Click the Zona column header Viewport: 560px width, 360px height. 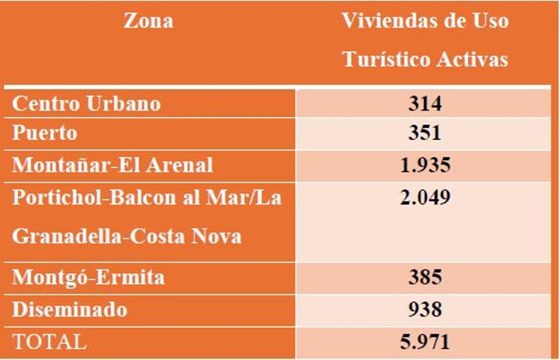[x=148, y=21]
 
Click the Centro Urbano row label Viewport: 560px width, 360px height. [x=86, y=104]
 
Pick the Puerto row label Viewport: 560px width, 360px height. [x=45, y=133]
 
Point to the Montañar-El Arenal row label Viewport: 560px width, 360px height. [x=112, y=166]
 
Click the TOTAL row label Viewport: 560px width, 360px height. [x=49, y=342]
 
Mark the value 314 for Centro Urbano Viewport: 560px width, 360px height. [x=425, y=104]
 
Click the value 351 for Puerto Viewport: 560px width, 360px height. [x=425, y=133]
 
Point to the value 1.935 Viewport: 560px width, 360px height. [x=425, y=166]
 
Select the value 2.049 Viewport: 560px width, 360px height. [x=425, y=198]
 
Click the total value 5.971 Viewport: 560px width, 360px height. [x=425, y=342]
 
